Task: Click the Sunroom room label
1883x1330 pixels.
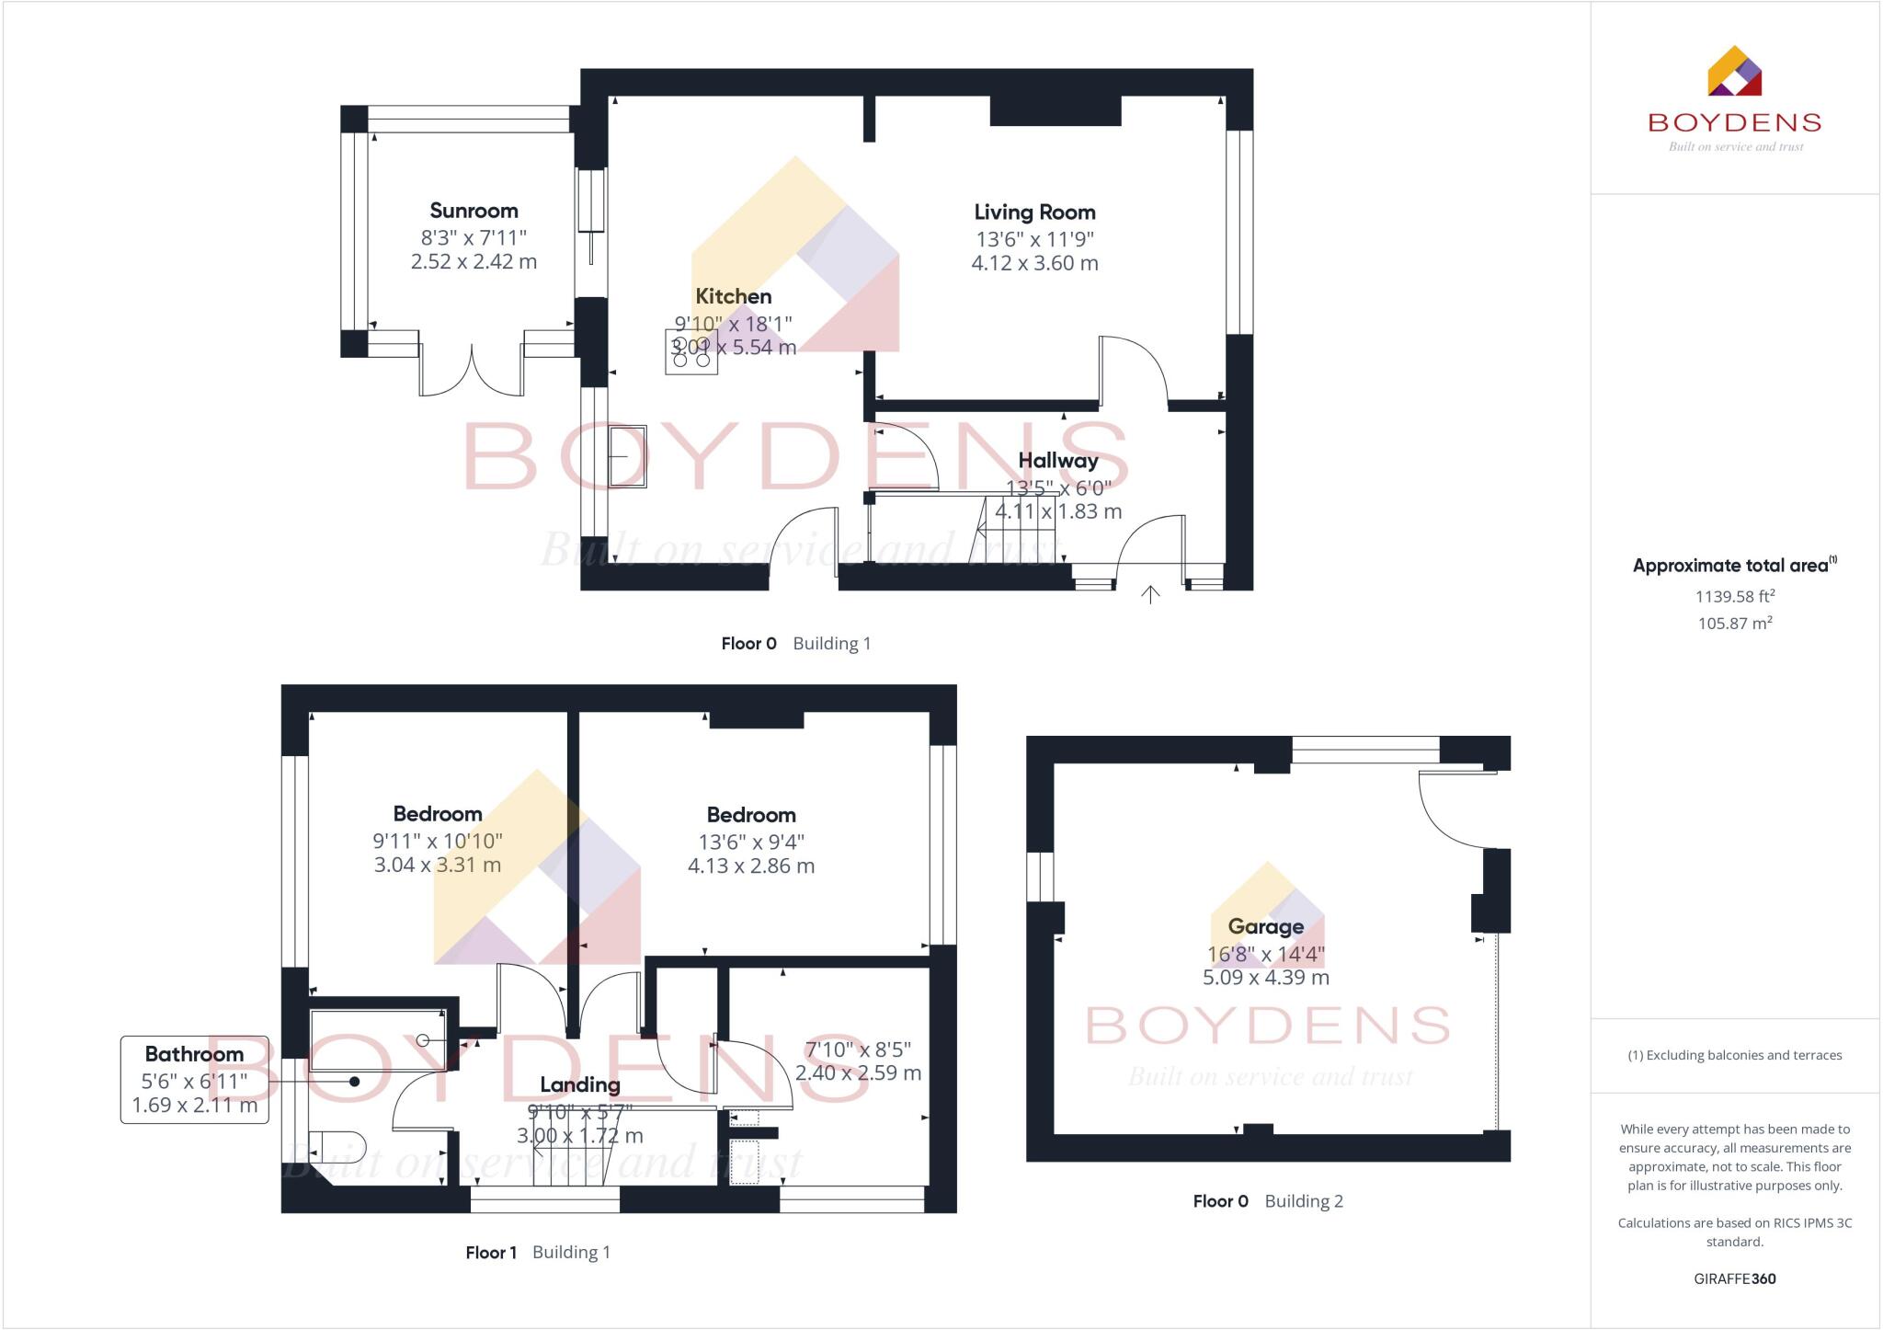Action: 474,211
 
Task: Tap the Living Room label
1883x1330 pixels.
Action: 1034,212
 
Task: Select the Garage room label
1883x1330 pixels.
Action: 1266,926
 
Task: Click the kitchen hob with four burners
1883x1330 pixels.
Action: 691,352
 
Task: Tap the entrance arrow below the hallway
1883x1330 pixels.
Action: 1150,595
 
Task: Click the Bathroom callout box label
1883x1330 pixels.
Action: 194,1054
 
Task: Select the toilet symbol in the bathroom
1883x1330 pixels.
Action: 340,1148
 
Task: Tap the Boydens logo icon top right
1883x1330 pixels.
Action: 1734,72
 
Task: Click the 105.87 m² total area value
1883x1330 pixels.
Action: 1735,623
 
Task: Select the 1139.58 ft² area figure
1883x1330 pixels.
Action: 1734,596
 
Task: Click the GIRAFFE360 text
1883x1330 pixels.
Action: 1734,1278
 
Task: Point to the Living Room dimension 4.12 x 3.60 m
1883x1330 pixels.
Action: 1034,263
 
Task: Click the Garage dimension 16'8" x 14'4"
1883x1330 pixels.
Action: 1266,954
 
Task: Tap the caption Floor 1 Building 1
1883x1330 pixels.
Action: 538,1252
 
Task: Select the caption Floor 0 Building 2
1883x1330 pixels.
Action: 1268,1200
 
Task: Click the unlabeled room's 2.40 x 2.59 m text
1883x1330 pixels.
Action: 858,1073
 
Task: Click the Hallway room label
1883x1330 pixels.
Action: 1057,461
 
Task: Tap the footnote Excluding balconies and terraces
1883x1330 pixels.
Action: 1734,1055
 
